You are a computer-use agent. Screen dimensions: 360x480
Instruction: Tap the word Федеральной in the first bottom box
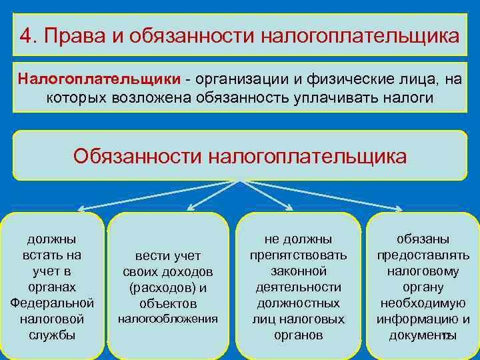[52, 303]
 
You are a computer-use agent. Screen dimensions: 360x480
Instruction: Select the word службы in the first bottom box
[52, 335]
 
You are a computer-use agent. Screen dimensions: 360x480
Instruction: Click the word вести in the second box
[148, 256]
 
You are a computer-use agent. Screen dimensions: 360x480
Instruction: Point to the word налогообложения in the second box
[168, 319]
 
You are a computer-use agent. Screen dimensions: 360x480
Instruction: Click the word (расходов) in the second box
[157, 288]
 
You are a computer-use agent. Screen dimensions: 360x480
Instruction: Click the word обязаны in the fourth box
[423, 239]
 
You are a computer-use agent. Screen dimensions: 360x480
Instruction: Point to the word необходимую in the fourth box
[423, 303]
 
